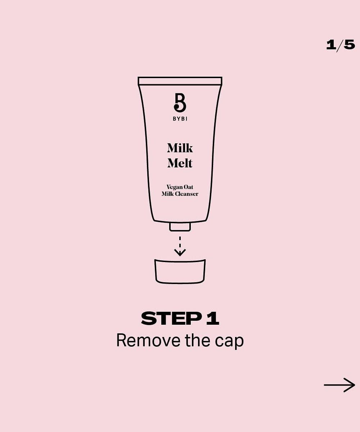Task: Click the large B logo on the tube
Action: click(180, 103)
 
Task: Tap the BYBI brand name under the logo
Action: click(180, 119)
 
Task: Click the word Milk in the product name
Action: click(180, 148)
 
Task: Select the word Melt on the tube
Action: click(180, 163)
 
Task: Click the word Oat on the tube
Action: click(188, 187)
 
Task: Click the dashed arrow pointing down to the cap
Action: click(180, 246)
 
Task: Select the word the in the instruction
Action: click(198, 340)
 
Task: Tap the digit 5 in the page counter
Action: click(350, 45)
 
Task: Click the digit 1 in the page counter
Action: click(331, 45)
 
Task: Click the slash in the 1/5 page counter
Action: click(340, 45)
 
